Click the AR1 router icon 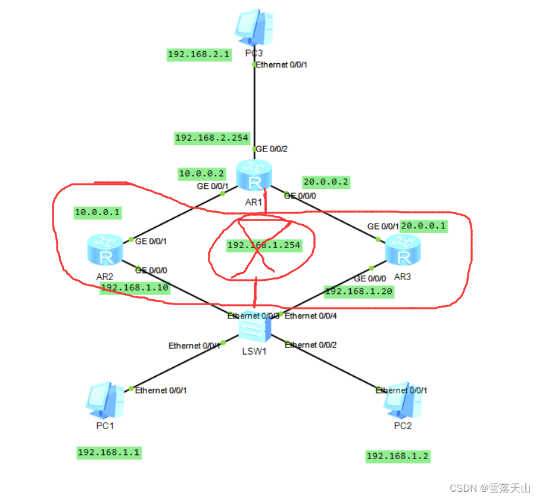click(x=254, y=176)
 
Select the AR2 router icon click(x=107, y=250)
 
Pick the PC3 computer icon click(x=254, y=27)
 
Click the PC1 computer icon click(x=105, y=401)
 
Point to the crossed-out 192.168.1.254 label click(x=263, y=245)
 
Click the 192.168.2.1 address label click(x=198, y=55)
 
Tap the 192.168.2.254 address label click(x=211, y=138)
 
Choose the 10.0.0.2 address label click(x=202, y=173)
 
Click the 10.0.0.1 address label click(x=98, y=212)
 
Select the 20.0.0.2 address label click(x=326, y=182)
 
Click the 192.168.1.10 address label click(x=135, y=288)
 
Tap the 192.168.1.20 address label click(x=359, y=292)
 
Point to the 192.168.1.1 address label click(x=108, y=452)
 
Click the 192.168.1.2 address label click(x=397, y=456)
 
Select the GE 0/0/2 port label click(x=272, y=149)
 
